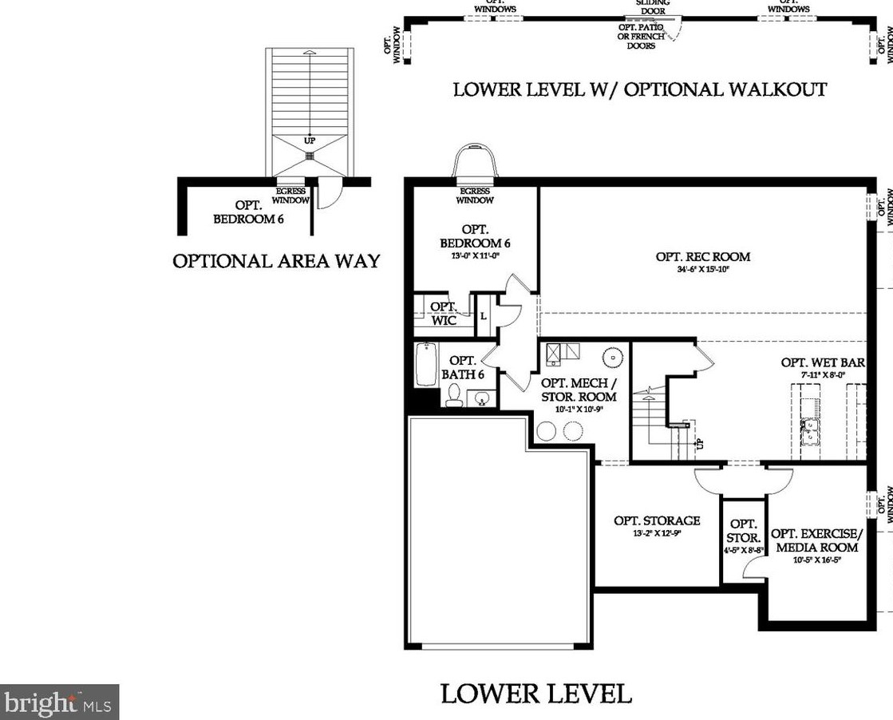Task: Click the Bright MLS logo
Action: pyautogui.click(x=59, y=702)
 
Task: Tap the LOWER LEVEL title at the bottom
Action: pyautogui.click(x=536, y=693)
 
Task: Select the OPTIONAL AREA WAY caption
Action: pyautogui.click(x=276, y=261)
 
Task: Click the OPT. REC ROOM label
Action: pyautogui.click(x=703, y=257)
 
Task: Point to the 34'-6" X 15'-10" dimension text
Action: pyautogui.click(x=703, y=269)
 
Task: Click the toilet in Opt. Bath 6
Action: pyautogui.click(x=454, y=395)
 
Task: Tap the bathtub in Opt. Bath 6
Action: pyautogui.click(x=425, y=365)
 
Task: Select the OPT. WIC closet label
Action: pyautogui.click(x=443, y=313)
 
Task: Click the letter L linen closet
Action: pyautogui.click(x=483, y=316)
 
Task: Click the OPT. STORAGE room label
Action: pyautogui.click(x=657, y=520)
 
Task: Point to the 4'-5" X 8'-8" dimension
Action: pyautogui.click(x=743, y=550)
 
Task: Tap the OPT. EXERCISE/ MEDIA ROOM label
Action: pyautogui.click(x=816, y=540)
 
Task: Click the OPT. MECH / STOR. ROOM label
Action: pyautogui.click(x=579, y=390)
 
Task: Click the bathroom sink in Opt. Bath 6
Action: pyautogui.click(x=481, y=398)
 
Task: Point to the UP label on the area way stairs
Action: pyautogui.click(x=310, y=140)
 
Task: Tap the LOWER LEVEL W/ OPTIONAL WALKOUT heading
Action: pyautogui.click(x=639, y=89)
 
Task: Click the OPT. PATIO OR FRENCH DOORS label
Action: pyautogui.click(x=641, y=36)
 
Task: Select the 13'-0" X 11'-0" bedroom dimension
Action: pyautogui.click(x=475, y=255)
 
